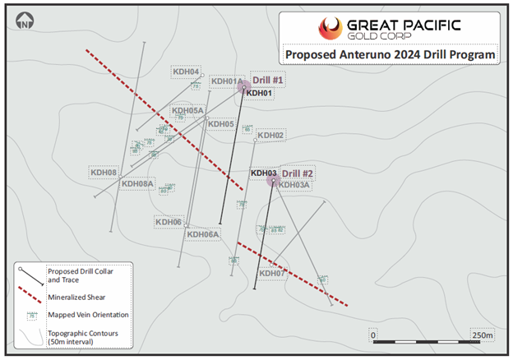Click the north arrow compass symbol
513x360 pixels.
24,21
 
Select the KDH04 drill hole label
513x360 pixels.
185,72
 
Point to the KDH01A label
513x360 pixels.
227,81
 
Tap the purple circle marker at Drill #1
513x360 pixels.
244,86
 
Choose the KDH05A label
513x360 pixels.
187,110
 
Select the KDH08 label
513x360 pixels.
104,172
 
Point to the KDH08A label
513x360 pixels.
137,184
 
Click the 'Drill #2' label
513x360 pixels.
297,173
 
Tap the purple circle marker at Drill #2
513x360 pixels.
274,180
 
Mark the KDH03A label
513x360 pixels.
294,185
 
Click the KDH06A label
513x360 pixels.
203,234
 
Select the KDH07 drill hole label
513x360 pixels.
271,273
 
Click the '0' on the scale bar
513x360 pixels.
373,336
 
